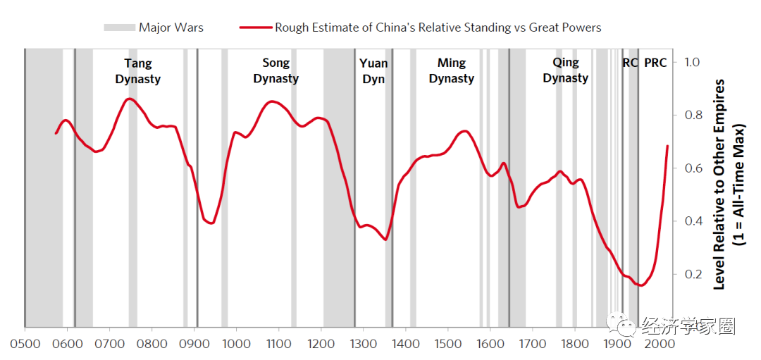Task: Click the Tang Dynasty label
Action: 138,71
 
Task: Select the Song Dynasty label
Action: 276,71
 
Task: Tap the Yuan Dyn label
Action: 373,71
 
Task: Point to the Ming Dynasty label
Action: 451,71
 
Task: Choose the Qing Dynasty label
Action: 565,71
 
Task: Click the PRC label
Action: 655,63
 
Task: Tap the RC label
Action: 630,63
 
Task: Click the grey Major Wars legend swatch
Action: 118,27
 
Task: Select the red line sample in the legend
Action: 255,27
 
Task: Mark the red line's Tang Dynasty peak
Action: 129,99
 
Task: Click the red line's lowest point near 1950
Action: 641,285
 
